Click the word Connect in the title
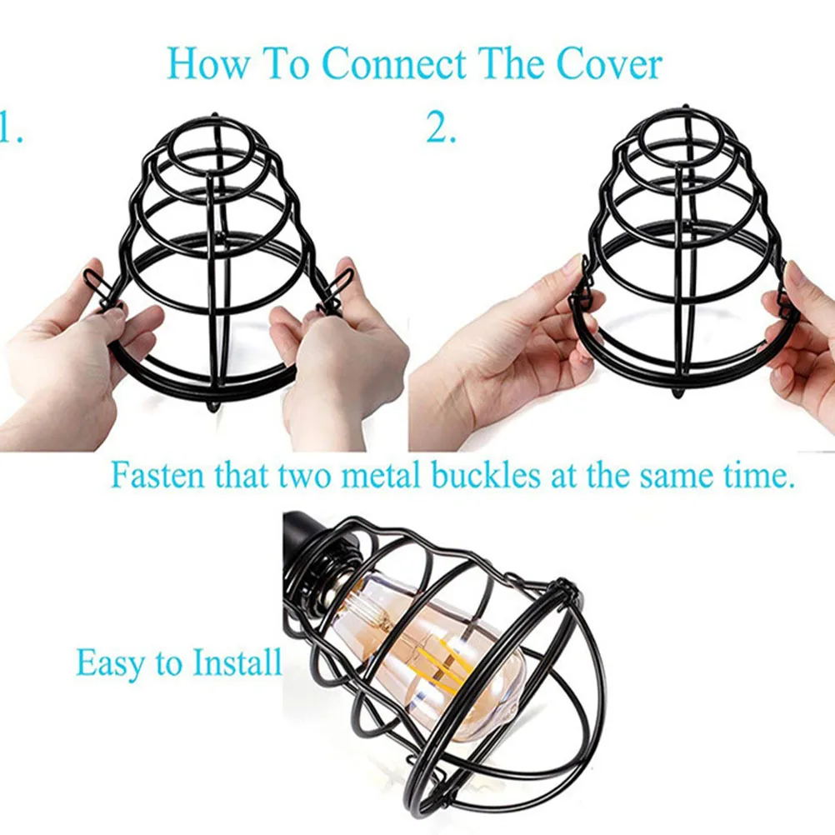394,64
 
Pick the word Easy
112,663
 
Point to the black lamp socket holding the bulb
314,554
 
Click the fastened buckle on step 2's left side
584,287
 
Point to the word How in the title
207,64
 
